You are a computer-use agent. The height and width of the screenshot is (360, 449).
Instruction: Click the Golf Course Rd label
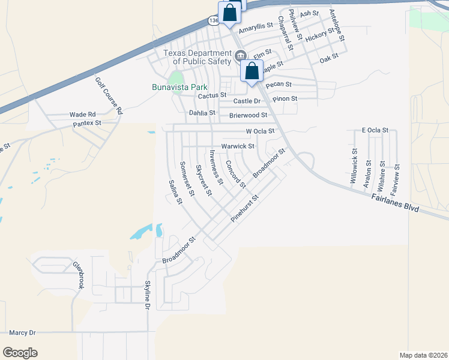coord(109,96)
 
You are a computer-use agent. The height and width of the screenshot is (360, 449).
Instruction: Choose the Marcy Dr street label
coord(23,332)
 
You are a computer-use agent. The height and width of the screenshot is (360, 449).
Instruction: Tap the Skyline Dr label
coord(146,296)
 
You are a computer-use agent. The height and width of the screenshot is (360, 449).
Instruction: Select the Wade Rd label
coord(82,114)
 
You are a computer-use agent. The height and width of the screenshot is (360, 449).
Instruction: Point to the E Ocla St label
coord(375,130)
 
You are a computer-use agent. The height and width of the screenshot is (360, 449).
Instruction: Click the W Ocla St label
coord(260,131)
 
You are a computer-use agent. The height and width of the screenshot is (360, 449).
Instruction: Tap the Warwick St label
coord(238,146)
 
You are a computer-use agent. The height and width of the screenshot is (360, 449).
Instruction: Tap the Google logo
coord(20,353)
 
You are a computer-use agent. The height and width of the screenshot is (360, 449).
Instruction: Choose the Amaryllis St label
coord(256,26)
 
